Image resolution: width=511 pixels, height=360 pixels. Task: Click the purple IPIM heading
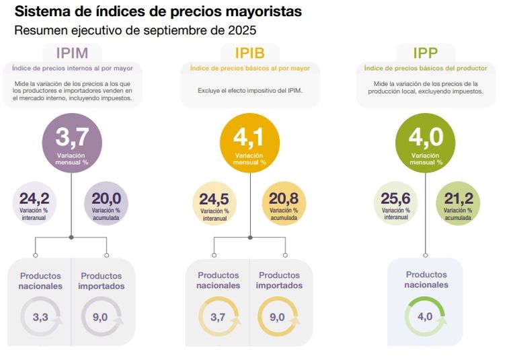point(72,53)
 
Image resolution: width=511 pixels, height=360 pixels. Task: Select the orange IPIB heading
point(249,53)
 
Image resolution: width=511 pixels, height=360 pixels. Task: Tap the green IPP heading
point(426,53)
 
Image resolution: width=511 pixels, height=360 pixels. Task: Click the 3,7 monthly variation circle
point(72,143)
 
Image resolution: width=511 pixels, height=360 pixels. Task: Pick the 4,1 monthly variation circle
point(249,143)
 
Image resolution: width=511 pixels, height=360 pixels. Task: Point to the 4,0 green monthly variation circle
point(426,143)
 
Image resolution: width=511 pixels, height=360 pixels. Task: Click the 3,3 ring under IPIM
point(40,317)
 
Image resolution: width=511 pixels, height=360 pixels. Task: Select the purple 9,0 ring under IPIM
point(101,317)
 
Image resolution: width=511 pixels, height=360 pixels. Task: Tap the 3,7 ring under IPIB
point(218,317)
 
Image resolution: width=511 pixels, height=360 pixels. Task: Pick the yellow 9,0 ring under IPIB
point(278,317)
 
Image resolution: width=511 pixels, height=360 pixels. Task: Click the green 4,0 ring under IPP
point(426,317)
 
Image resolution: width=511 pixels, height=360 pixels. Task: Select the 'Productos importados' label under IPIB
point(279,280)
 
